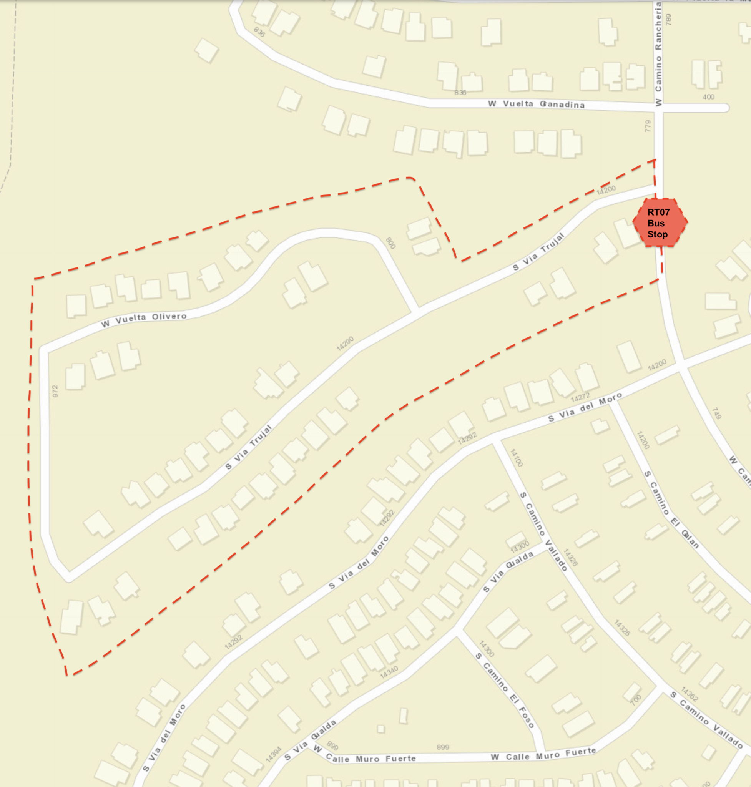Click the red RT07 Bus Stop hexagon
tap(660, 222)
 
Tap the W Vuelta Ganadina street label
tap(536, 104)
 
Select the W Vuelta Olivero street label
tap(144, 319)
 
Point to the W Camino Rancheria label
tap(658, 54)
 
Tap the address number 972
tap(55, 391)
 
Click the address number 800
tap(390, 243)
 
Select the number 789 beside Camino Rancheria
tap(668, 19)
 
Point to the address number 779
tap(648, 126)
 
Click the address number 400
tap(708, 97)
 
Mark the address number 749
tap(716, 413)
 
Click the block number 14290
tap(345, 344)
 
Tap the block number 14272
tap(580, 397)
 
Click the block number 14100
tap(516, 458)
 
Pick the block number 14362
tap(690, 694)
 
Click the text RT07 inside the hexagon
tap(658, 213)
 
